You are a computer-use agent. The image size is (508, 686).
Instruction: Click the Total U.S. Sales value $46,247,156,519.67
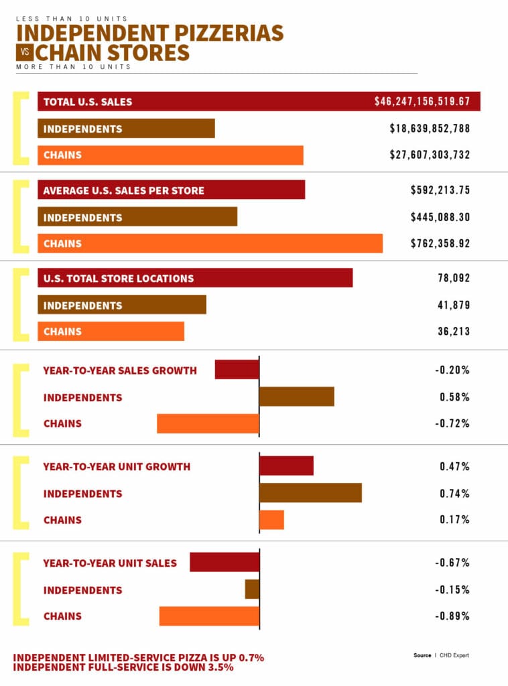[x=422, y=102]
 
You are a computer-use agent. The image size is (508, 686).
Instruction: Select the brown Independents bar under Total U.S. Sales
[x=126, y=129]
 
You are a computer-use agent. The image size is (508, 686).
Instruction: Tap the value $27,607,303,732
[x=430, y=155]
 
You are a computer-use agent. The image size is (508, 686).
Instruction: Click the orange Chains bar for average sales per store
[x=210, y=244]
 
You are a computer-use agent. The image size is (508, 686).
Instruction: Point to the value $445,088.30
[x=440, y=217]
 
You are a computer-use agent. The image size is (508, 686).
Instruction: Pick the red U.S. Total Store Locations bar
[x=195, y=278]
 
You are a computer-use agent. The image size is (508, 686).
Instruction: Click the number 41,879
[x=454, y=305]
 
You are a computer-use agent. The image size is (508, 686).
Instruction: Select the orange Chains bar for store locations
[x=111, y=332]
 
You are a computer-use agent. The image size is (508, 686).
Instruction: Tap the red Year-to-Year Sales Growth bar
[x=237, y=370]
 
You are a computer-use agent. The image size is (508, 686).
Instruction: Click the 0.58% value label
[x=454, y=397]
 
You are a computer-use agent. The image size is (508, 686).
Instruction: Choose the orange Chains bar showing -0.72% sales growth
[x=208, y=423]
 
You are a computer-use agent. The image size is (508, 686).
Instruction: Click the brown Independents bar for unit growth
[x=310, y=493]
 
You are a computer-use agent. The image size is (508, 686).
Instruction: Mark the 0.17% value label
[x=454, y=520]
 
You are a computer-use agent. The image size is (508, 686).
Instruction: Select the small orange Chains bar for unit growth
[x=271, y=520]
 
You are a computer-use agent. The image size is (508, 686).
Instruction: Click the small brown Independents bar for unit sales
[x=252, y=590]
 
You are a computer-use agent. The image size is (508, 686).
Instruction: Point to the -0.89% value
[x=452, y=616]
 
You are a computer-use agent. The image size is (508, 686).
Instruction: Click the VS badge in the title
[x=25, y=52]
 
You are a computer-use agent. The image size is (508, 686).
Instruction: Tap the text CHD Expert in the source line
[x=453, y=655]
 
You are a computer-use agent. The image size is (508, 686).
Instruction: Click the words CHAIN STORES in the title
[x=113, y=52]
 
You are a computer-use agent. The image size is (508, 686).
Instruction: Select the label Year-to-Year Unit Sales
[x=110, y=563]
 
